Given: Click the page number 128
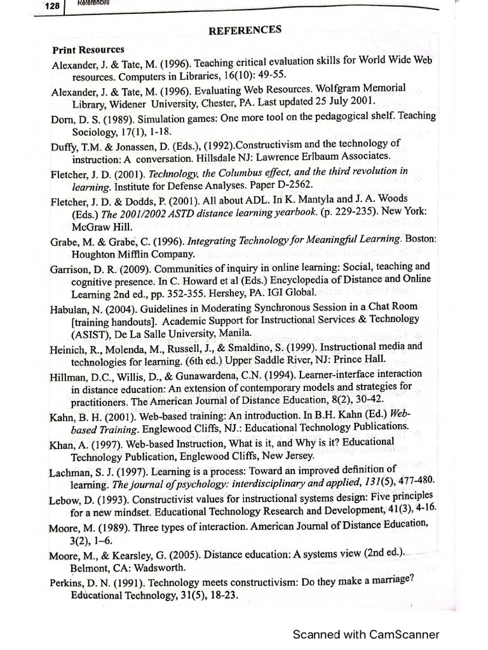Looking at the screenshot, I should click(51, 6).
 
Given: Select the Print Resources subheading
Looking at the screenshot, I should click(88, 49).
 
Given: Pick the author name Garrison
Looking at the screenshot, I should click(71, 267).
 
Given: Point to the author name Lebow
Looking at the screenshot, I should click(64, 499).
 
